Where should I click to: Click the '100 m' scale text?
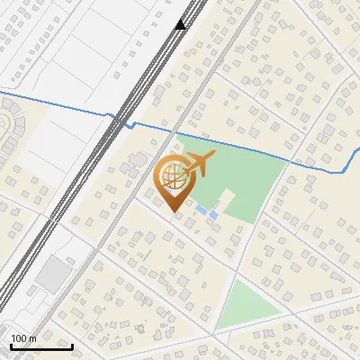tap(23, 338)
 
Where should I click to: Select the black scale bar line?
tap(41, 346)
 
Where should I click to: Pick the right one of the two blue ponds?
tap(213, 214)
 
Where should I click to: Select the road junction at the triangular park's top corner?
tap(236, 274)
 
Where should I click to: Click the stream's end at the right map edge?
tap(358, 148)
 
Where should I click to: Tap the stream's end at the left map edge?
tap(2, 92)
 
